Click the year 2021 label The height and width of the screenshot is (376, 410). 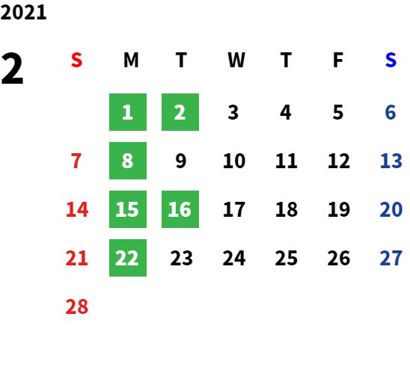(x=23, y=13)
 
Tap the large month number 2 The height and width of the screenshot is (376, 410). (x=12, y=68)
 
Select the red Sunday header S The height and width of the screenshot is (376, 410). (x=76, y=60)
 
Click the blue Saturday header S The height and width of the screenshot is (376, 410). (x=391, y=60)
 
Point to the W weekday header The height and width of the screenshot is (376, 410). (x=236, y=60)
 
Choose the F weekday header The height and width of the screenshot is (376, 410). (x=338, y=60)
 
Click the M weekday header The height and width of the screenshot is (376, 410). (x=131, y=60)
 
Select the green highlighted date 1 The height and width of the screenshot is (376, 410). (x=128, y=112)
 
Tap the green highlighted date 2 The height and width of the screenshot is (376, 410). (x=180, y=112)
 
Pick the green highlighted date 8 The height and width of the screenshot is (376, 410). (x=128, y=161)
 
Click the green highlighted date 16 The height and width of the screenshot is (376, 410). (x=180, y=209)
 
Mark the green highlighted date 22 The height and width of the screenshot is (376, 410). (x=128, y=258)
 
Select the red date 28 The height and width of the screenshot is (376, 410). (x=77, y=306)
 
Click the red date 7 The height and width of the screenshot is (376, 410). (x=76, y=161)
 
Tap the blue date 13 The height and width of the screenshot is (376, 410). (x=391, y=161)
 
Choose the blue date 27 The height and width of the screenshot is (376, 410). (x=391, y=258)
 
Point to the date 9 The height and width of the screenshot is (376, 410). (x=181, y=161)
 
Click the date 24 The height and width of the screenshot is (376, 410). (x=234, y=258)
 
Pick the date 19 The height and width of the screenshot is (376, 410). (x=339, y=209)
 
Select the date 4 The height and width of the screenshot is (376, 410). (x=286, y=112)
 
